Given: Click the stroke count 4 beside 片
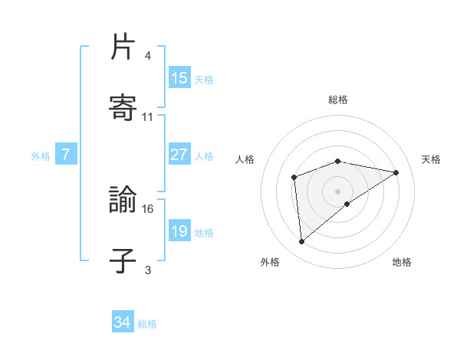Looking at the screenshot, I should pyautogui.click(x=148, y=57).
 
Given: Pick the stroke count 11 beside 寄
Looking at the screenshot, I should pyautogui.click(x=148, y=117).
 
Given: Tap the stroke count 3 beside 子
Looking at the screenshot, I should pyautogui.click(x=148, y=270).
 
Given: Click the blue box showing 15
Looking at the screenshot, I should pyautogui.click(x=179, y=78).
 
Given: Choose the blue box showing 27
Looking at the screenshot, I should pyautogui.click(x=179, y=155).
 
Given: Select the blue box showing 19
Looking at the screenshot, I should pyautogui.click(x=179, y=231).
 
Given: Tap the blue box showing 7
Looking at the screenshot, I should pyautogui.click(x=66, y=155).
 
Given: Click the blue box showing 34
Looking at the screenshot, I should pyautogui.click(x=123, y=323).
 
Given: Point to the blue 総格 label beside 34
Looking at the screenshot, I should pyautogui.click(x=147, y=324).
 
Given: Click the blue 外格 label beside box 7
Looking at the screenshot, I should pyautogui.click(x=41, y=155).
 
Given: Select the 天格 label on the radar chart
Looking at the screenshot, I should pyautogui.click(x=431, y=159).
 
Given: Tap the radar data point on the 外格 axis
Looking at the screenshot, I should pyautogui.click(x=302, y=242).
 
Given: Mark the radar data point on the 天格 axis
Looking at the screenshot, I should pyautogui.click(x=396, y=172).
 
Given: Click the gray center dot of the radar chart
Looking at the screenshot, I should pyautogui.click(x=338, y=191).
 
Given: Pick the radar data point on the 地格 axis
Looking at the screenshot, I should pyautogui.click(x=347, y=204).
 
